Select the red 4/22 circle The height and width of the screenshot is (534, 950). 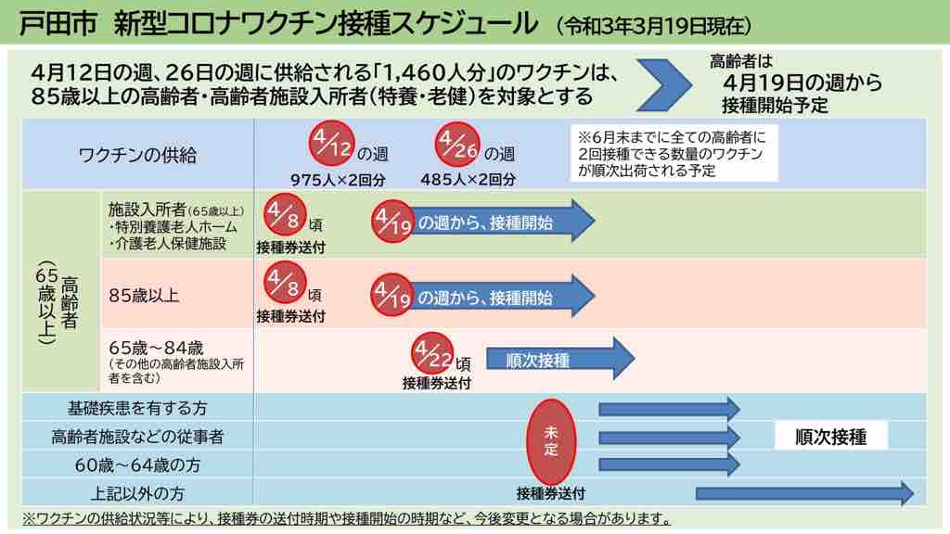433,354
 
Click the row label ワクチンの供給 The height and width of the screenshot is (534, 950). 137,155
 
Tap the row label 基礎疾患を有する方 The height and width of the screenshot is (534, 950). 137,408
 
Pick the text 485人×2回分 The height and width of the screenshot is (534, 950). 468,179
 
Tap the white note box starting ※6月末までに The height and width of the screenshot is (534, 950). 674,152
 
